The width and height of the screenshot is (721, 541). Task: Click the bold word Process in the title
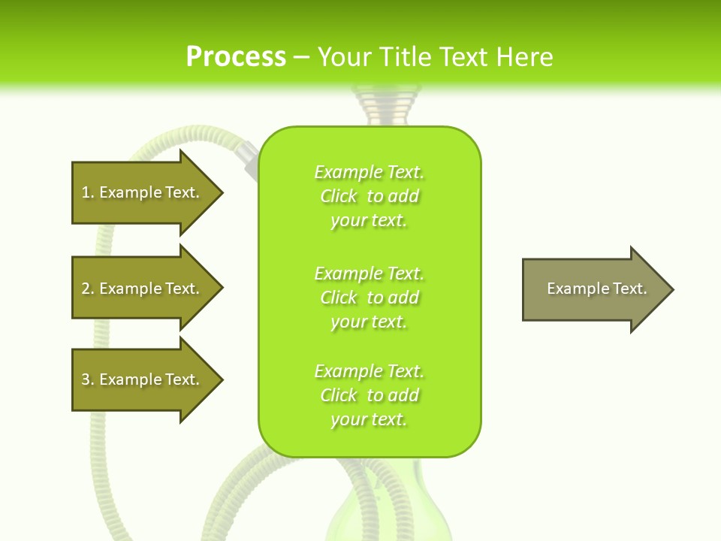click(x=236, y=57)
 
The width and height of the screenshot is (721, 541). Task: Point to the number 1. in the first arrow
click(x=88, y=192)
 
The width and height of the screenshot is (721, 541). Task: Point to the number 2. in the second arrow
click(x=88, y=289)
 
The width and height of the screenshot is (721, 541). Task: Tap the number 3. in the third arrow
click(x=88, y=379)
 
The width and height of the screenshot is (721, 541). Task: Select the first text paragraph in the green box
click(x=370, y=196)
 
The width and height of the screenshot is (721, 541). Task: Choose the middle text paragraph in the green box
click(x=370, y=298)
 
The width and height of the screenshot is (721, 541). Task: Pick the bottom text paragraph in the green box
click(x=370, y=395)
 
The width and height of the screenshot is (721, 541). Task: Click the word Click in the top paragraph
click(x=339, y=196)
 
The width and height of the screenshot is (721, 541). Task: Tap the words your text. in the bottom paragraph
click(x=369, y=419)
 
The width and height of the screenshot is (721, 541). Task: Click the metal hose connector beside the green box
click(x=246, y=156)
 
